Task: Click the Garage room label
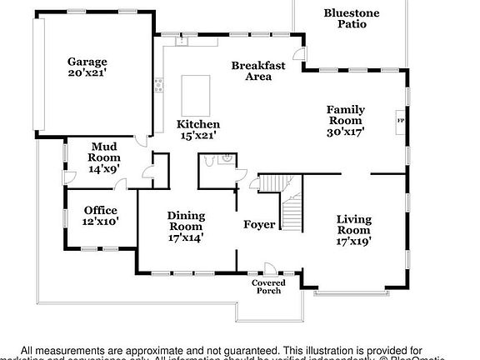click(x=87, y=61)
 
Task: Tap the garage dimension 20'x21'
click(x=87, y=72)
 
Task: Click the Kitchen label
click(x=198, y=124)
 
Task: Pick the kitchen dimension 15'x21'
click(x=198, y=136)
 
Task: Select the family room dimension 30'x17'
click(x=345, y=131)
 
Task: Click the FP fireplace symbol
click(x=401, y=120)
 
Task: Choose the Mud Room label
click(x=104, y=152)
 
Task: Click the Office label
click(x=99, y=210)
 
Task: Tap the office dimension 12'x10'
click(x=99, y=222)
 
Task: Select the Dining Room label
click(x=186, y=221)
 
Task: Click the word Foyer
click(x=259, y=225)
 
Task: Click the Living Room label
click(x=353, y=225)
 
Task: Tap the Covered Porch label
click(x=267, y=287)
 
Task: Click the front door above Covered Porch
click(x=270, y=268)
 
